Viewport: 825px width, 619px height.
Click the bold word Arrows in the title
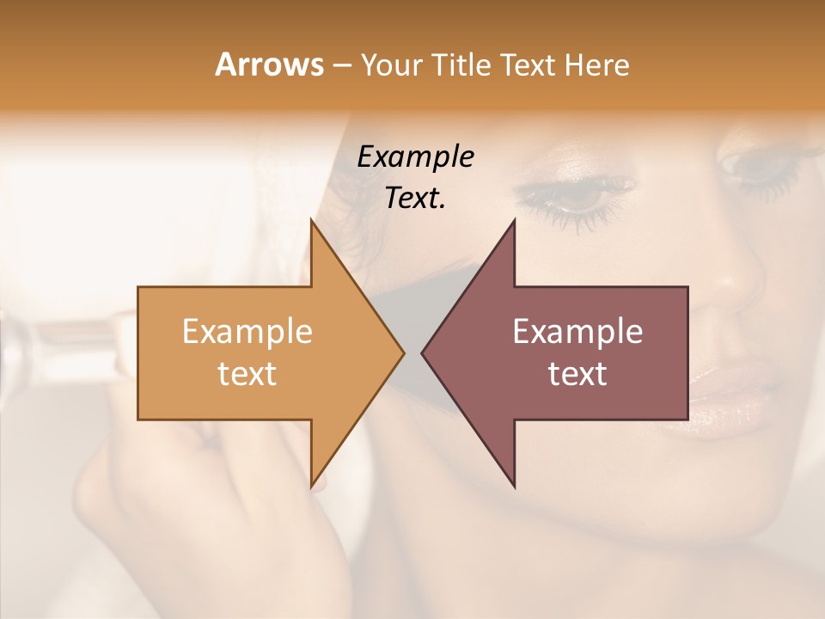click(x=269, y=65)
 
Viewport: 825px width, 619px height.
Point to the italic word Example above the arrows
click(x=416, y=156)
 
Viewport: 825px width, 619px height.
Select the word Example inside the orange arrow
click(x=247, y=331)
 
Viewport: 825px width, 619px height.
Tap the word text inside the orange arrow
click(x=247, y=373)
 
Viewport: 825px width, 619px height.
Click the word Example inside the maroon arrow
click(x=577, y=331)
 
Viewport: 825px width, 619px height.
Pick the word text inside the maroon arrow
click(x=577, y=373)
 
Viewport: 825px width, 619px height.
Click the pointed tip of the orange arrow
click(x=403, y=352)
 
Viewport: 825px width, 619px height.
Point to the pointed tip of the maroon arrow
click(x=422, y=352)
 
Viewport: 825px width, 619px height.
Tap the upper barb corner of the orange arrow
click(x=311, y=220)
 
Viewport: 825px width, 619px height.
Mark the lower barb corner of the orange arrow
click(x=311, y=487)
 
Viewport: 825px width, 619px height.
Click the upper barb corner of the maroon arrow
click(x=514, y=220)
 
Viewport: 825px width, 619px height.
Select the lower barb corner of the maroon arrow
click(x=514, y=487)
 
